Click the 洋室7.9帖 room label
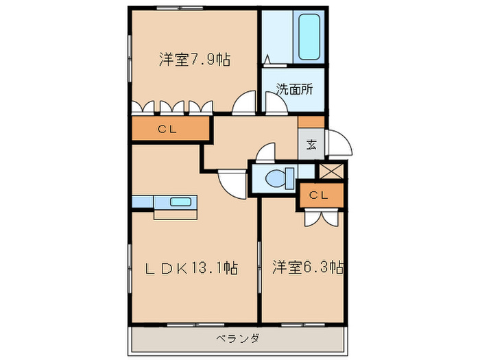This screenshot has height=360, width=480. [194, 60]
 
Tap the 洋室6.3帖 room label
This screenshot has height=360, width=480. [307, 267]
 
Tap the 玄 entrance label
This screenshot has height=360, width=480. [311, 145]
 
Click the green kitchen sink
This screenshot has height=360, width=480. [182, 202]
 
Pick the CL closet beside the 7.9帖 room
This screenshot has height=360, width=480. [168, 129]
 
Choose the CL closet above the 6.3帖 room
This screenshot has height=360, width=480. [319, 195]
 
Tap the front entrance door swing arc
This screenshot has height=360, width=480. [339, 142]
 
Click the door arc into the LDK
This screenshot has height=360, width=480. [232, 182]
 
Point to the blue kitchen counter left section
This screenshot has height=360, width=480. [143, 202]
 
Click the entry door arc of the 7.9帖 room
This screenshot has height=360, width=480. [243, 104]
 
